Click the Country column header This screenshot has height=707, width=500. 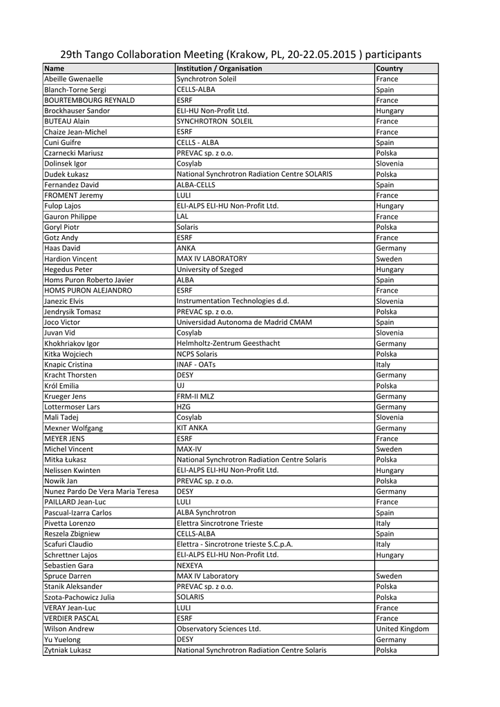coord(390,68)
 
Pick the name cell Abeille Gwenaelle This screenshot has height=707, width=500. coord(73,79)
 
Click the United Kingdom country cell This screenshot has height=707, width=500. coord(402,629)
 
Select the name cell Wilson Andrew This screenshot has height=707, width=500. coord(69,629)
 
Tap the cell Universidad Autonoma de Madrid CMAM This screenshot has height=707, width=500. coord(244,322)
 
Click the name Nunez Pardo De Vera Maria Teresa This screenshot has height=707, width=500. coord(102,492)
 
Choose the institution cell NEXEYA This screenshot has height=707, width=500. coord(190,565)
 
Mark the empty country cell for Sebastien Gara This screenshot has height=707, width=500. coord(406,565)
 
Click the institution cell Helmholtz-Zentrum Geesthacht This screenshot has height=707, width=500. coord(229,343)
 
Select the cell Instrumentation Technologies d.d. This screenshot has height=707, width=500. coord(233,301)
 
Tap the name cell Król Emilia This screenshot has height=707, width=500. coord(61,385)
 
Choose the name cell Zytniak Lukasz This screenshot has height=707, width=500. coord(68,650)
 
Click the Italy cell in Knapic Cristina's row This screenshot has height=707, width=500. coord(383,365)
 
